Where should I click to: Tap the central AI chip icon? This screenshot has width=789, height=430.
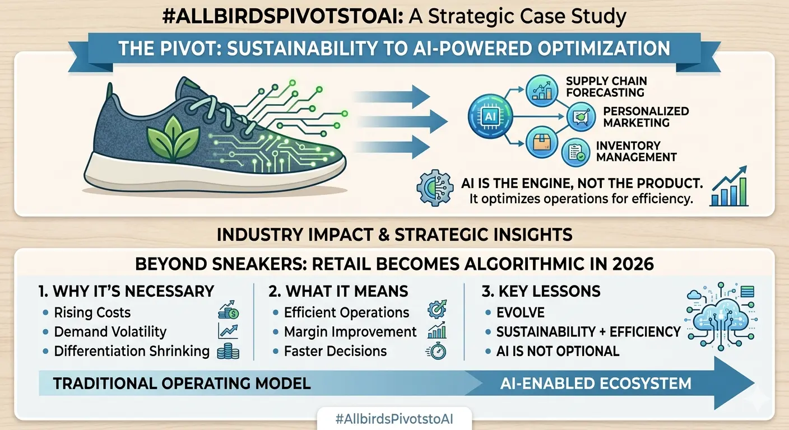490,116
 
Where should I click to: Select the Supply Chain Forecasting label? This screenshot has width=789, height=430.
606,87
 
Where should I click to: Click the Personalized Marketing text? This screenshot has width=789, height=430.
646,117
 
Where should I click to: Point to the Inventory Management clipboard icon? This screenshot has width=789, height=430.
575,152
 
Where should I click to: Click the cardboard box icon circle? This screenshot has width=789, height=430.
542,143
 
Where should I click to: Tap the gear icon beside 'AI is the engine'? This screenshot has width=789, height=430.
435,188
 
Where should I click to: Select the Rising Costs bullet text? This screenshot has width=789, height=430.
92,312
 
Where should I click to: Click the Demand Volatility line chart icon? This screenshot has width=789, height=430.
228,331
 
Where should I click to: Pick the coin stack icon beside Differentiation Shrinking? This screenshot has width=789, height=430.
228,351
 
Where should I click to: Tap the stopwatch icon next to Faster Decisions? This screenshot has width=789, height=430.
437,351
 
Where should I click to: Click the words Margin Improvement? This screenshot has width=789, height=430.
350,332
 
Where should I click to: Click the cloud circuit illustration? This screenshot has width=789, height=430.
721,316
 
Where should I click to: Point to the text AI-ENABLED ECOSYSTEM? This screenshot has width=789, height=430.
596,384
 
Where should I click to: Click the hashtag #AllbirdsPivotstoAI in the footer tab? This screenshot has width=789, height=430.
394,419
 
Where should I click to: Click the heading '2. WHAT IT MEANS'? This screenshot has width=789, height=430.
338,291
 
